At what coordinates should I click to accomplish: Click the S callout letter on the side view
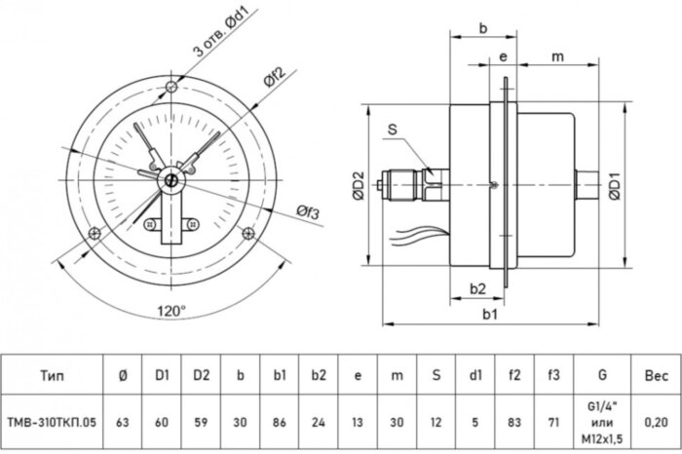coord(392,129)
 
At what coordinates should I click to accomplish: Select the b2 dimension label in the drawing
coord(477,288)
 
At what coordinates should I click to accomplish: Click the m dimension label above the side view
coord(557,57)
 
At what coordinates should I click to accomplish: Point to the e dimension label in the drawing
coord(501,57)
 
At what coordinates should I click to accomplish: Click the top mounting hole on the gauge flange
coord(172,89)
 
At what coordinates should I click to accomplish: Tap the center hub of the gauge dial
coord(172,178)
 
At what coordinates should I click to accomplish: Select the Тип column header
coord(54,374)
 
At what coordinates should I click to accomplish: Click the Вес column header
coord(656,374)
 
